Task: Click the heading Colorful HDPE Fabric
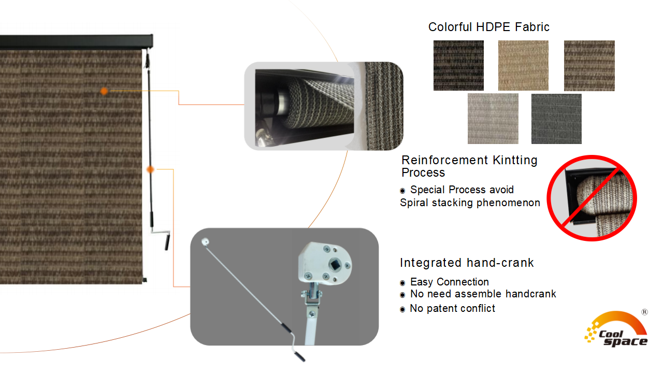488,27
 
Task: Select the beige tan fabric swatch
523,65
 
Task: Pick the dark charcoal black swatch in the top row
458,65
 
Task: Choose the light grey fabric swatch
493,119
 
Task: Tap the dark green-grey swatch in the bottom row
556,119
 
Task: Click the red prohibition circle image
592,198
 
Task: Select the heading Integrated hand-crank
466,263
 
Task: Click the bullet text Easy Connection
449,282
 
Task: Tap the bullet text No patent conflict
452,308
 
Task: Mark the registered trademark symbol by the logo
644,312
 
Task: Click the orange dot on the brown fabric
104,91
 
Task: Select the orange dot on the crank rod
150,169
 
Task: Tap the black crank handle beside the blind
167,242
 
